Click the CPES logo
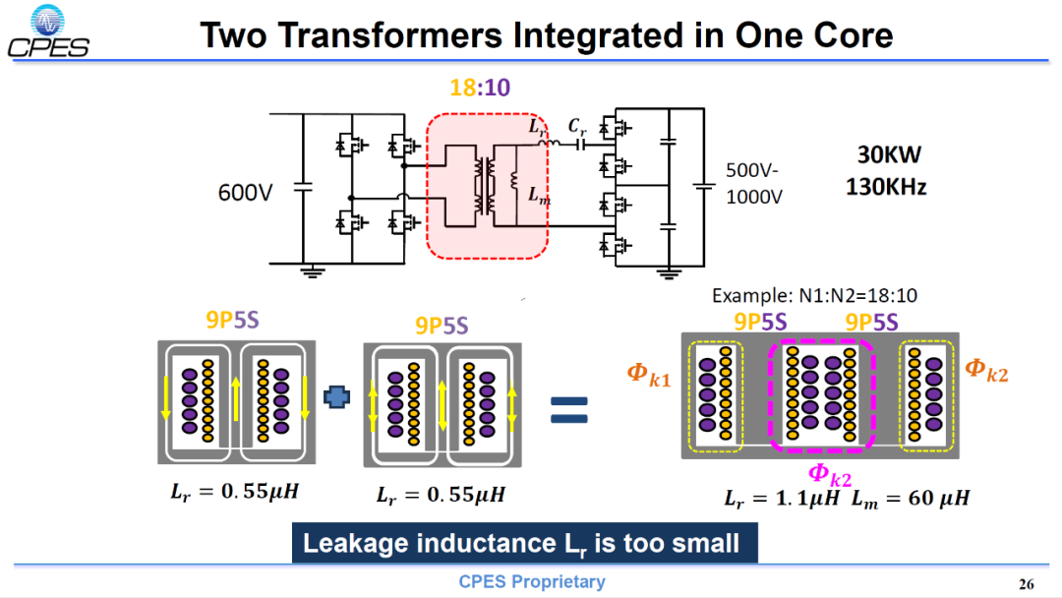(x=48, y=31)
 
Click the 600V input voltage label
(x=245, y=193)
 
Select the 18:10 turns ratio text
(x=480, y=88)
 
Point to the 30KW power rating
(x=889, y=155)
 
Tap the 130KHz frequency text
(x=886, y=186)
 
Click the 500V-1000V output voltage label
(x=754, y=184)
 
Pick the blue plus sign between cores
(x=336, y=396)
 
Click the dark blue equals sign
(x=569, y=410)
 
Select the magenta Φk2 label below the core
(x=830, y=474)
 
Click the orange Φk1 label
(x=649, y=375)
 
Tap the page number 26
(x=1026, y=584)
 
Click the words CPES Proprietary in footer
(x=532, y=581)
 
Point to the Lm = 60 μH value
(x=911, y=499)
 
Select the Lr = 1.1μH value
(x=782, y=499)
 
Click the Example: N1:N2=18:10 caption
(x=814, y=295)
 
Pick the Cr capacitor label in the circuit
(x=577, y=127)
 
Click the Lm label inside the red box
(x=539, y=196)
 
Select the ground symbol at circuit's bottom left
(x=313, y=272)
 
